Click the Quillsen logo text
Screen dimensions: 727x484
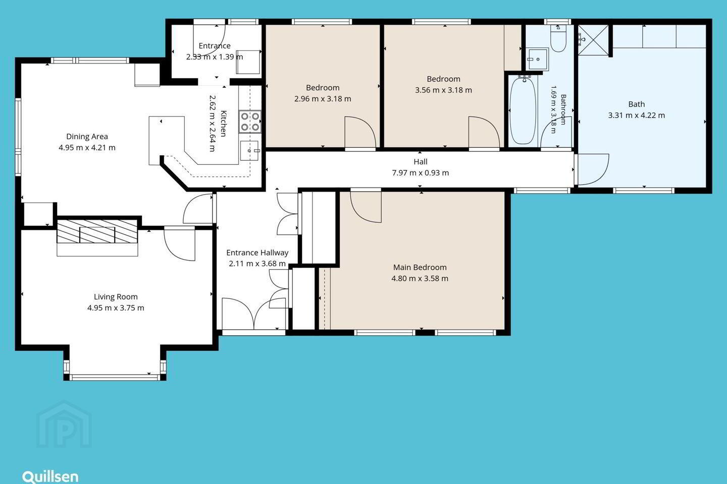[x=50, y=477]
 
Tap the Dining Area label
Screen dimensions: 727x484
[x=87, y=137]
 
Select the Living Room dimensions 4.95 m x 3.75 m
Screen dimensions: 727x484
[x=116, y=308]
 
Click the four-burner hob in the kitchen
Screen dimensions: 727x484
[x=250, y=122]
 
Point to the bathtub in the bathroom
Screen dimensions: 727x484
[x=523, y=110]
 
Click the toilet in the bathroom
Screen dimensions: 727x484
[x=558, y=38]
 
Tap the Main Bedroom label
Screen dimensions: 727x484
[x=420, y=267]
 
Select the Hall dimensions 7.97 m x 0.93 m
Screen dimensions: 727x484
[x=420, y=173]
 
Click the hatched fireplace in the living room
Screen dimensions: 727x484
[x=97, y=231]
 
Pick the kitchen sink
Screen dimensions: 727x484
[x=249, y=151]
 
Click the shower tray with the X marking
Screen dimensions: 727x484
[x=593, y=40]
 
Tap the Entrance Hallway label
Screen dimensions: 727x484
[x=257, y=253]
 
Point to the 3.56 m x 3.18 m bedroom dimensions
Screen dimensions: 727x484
[x=443, y=90]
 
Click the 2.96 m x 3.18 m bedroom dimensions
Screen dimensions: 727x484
[x=323, y=99]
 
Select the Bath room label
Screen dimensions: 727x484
[x=637, y=104]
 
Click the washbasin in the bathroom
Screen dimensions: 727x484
[x=538, y=59]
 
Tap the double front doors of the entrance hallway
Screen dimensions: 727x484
[x=254, y=314]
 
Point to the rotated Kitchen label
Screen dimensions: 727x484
[x=223, y=124]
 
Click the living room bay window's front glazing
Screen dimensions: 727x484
[x=115, y=377]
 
